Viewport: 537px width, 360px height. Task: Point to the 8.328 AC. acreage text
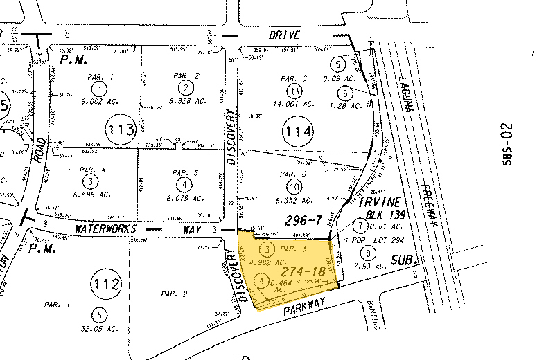point(186,101)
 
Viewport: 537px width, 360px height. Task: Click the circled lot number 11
point(296,91)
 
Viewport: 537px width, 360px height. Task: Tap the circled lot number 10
point(296,186)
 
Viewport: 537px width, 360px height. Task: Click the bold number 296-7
point(305,220)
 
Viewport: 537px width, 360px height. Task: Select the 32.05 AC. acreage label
point(101,330)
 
